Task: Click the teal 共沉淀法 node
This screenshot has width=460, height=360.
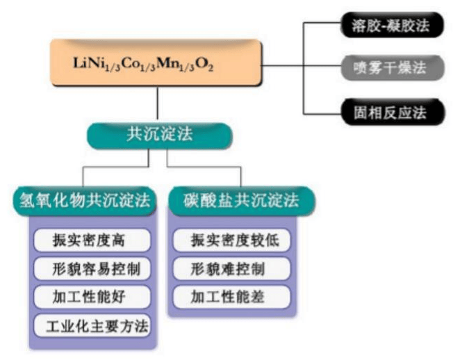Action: click(158, 134)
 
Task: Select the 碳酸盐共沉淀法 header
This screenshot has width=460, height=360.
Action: click(241, 202)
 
